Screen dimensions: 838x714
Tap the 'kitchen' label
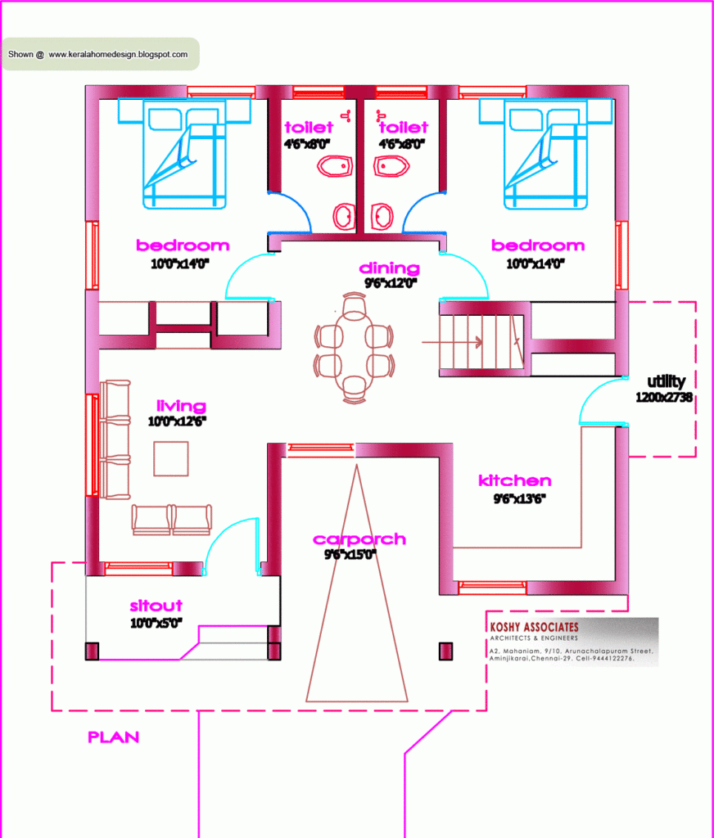click(x=514, y=480)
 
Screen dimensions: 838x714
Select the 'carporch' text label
click(x=359, y=539)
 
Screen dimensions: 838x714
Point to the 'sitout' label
click(x=156, y=606)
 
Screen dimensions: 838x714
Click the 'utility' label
click(x=666, y=381)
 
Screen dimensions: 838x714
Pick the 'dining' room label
click(x=389, y=268)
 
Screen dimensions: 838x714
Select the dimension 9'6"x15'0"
click(x=350, y=555)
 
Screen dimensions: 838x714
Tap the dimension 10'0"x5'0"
click(x=156, y=622)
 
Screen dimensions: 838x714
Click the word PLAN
click(x=113, y=737)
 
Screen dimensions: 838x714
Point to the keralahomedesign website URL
click(x=118, y=55)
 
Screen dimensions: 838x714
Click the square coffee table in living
click(x=170, y=458)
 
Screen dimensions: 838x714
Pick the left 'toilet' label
click(x=309, y=128)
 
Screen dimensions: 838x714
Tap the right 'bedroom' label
click(x=537, y=246)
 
